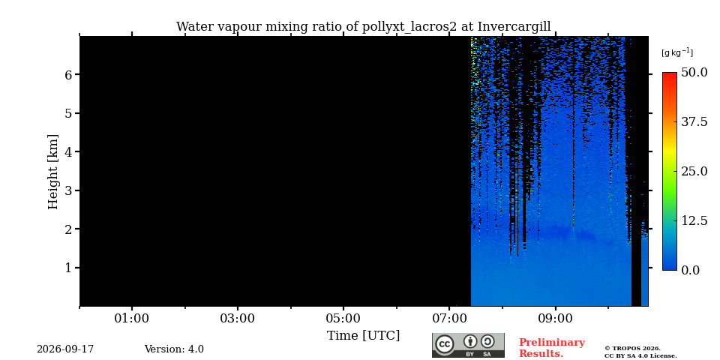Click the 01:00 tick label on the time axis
[132, 318]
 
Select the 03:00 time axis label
[238, 318]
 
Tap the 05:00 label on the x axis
[343, 318]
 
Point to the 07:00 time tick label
[449, 318]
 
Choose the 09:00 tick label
[556, 318]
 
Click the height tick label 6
[69, 74]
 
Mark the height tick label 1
[69, 268]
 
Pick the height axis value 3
[69, 190]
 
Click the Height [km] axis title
[53, 172]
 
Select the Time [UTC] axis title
[363, 336]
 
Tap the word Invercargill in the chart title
[514, 26]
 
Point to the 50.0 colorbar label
[694, 72]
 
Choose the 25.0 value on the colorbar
[694, 171]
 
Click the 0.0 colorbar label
[690, 270]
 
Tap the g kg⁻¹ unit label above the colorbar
[677, 52]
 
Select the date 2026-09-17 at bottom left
[65, 349]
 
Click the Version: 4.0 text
[174, 349]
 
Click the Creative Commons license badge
[468, 345]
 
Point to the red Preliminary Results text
[552, 348]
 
